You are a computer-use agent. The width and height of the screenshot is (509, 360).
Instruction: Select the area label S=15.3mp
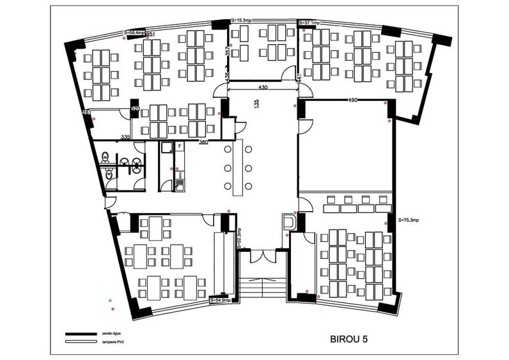pos(241,21)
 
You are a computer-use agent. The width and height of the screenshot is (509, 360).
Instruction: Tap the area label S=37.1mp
pos(309,22)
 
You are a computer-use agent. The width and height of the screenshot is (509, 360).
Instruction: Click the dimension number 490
pos(352,100)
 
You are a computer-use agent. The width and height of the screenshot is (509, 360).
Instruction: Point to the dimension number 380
pos(203,142)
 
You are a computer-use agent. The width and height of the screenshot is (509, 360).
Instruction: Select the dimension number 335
pos(126,137)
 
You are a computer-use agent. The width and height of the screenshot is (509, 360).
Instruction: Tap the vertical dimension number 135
pos(257,105)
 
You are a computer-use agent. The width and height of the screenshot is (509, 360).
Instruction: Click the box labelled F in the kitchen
pos(180,147)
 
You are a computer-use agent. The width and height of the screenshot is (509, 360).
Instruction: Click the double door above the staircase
pos(262,256)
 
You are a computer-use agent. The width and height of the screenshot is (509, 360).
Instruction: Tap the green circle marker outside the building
pos(110,299)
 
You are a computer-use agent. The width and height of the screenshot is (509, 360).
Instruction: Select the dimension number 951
pos(150,35)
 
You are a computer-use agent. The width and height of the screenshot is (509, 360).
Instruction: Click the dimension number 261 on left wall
pos(86,113)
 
